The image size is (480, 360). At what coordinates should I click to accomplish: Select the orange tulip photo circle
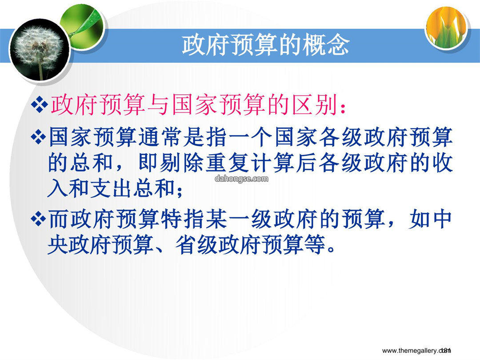pos(447,28)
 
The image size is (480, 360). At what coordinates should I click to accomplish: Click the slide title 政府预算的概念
pos(266,45)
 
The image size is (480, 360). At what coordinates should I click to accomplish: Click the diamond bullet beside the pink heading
pos(40,104)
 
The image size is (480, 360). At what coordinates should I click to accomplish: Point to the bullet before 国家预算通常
pos(39,137)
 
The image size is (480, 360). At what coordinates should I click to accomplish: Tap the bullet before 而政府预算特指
pos(39,219)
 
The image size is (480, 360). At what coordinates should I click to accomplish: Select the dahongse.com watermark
pos(241,179)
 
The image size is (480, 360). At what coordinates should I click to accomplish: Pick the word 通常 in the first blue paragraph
pos(161,137)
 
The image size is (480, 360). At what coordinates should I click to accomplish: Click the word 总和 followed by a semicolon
pos(156,188)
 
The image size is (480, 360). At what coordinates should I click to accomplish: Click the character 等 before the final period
pos(315,245)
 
